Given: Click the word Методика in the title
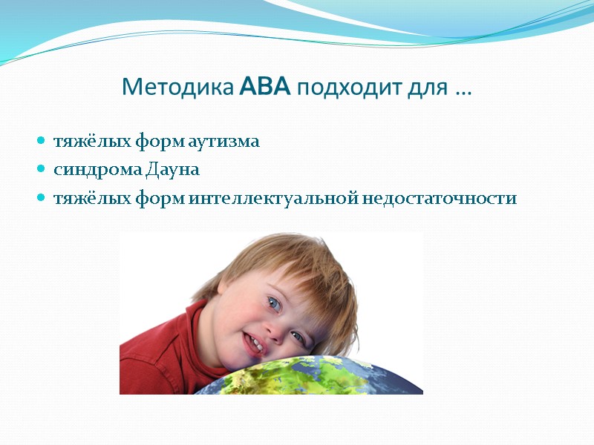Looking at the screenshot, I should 178,88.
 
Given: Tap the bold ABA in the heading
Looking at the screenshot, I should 266,88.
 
